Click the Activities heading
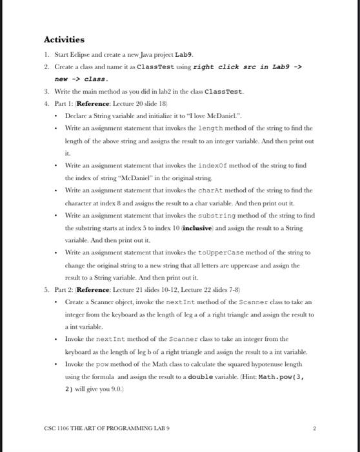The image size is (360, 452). [64, 40]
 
